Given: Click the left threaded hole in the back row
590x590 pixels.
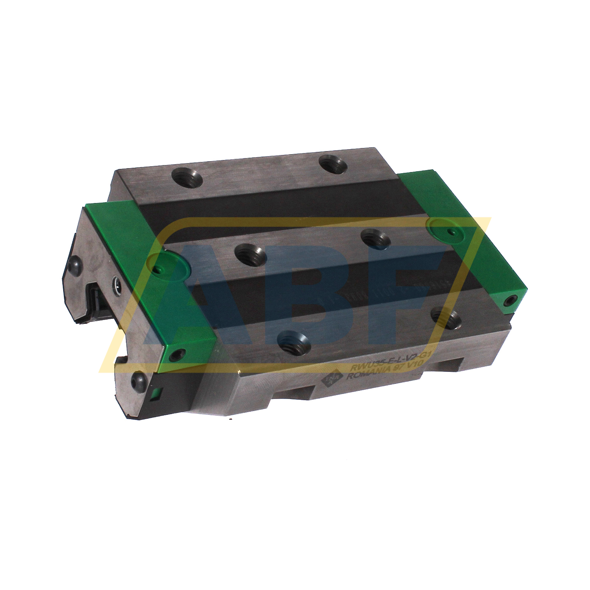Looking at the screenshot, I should [187, 179].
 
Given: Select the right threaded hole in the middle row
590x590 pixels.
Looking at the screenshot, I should [375, 237].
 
